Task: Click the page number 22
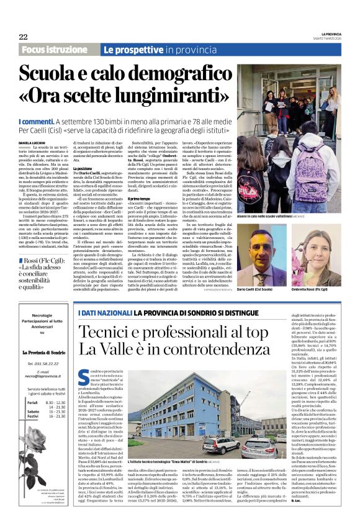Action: (23, 37)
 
